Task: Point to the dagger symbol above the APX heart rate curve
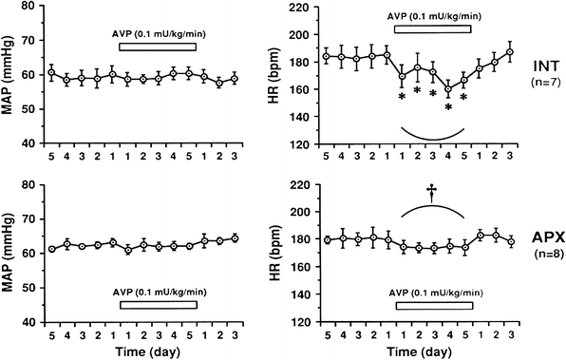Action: click(432, 192)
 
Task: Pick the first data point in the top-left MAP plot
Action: click(51, 72)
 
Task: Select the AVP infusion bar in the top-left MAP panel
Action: click(158, 47)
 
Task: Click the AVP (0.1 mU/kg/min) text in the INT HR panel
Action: click(433, 16)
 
